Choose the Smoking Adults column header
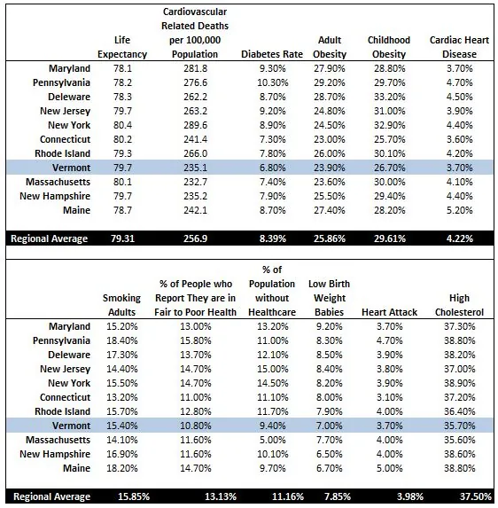click(x=121, y=304)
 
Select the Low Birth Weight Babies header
click(x=329, y=297)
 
